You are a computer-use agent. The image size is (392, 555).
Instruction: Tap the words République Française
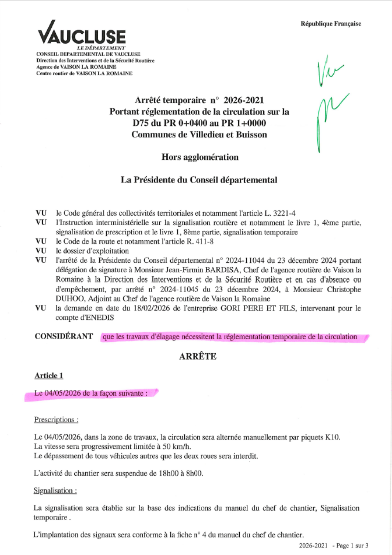pos(330,24)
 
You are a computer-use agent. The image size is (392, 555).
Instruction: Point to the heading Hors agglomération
pos(200,157)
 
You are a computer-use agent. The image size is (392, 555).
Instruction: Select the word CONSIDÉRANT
pos(64,336)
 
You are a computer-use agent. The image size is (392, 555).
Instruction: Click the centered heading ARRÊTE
pos(197,357)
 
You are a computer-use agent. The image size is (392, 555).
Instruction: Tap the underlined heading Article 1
pos(49,376)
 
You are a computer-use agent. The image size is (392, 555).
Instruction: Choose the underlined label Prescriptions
pos(56,420)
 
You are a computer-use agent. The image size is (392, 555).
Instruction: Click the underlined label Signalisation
pos(55,491)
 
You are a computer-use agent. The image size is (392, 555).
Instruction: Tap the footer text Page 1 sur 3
pos(352,546)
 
